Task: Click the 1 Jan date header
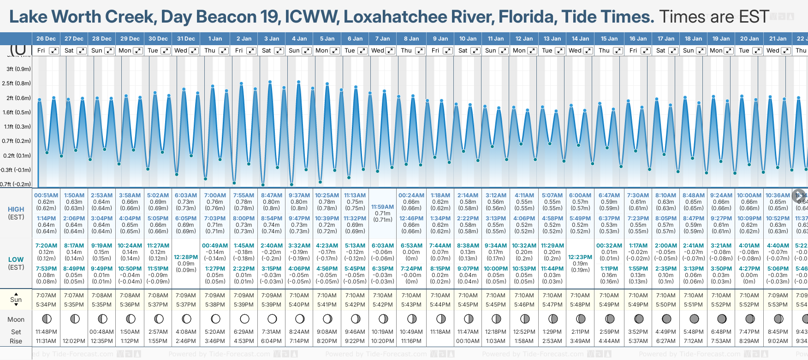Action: (215, 39)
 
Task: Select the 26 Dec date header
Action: (46, 39)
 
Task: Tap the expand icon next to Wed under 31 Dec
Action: (194, 51)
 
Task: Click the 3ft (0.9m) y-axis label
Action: (19, 69)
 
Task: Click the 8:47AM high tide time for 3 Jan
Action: (272, 195)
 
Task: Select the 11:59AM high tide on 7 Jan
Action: (383, 207)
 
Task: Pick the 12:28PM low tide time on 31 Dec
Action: (186, 257)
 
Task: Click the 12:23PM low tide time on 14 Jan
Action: (580, 257)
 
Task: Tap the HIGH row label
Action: (16, 209)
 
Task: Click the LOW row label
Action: (16, 260)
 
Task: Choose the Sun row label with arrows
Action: (16, 300)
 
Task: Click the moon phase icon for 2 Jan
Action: (244, 319)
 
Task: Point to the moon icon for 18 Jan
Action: (694, 319)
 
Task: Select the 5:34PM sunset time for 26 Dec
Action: (46, 305)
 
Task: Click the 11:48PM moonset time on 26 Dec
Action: (46, 332)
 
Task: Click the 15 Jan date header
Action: (609, 39)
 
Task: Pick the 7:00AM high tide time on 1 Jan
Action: (215, 195)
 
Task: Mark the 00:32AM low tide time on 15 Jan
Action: (609, 246)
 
